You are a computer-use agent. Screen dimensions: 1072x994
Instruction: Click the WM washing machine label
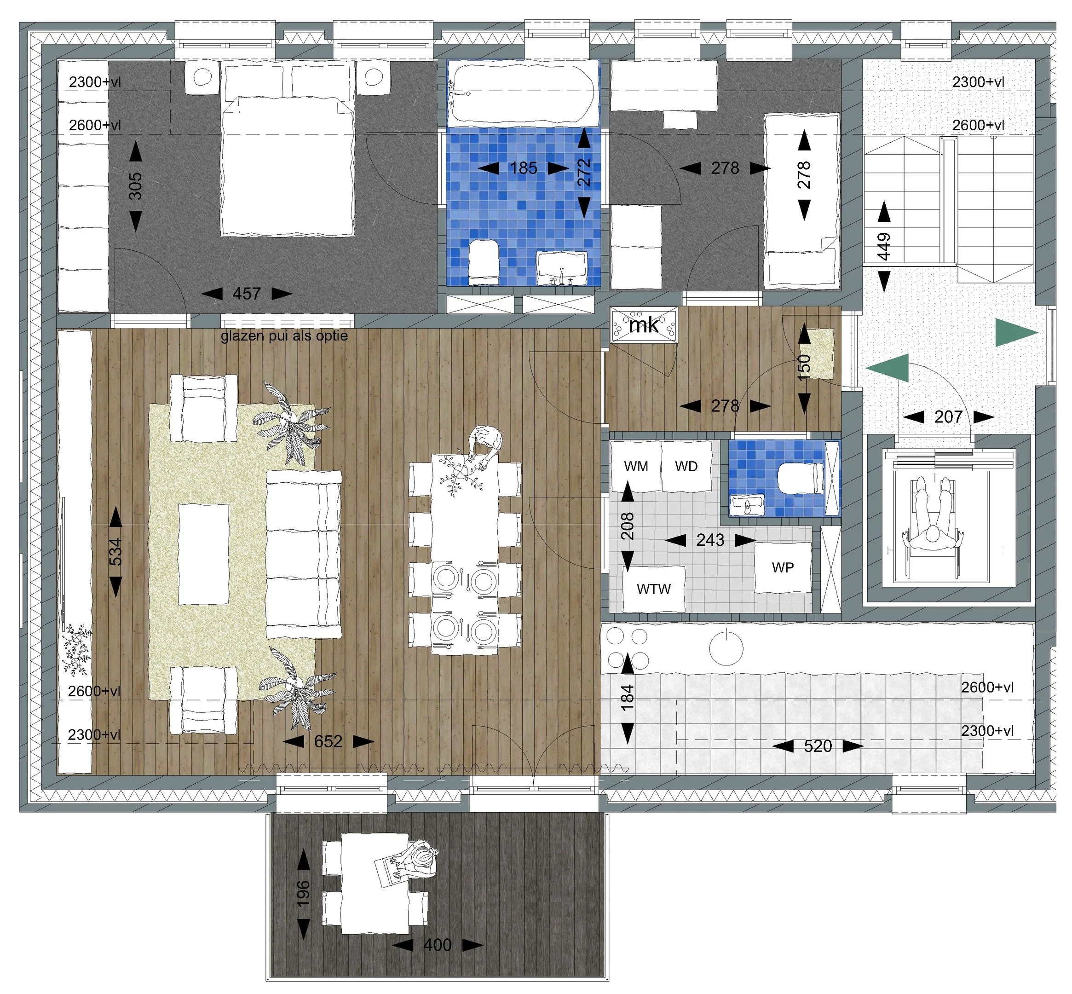click(x=636, y=466)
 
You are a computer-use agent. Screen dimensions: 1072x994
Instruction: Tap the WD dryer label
click(x=686, y=466)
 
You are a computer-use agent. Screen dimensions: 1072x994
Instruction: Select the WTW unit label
click(x=653, y=589)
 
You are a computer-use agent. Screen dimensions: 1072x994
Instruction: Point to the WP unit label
click(x=782, y=567)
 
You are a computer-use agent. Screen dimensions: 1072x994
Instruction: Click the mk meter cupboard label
click(x=644, y=324)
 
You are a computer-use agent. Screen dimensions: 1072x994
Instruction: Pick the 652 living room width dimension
click(x=328, y=742)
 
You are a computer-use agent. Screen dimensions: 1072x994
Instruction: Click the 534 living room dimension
click(x=115, y=552)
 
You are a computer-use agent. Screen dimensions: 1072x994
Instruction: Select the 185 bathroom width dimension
click(x=524, y=168)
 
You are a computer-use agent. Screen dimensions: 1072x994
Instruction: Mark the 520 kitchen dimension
click(x=818, y=746)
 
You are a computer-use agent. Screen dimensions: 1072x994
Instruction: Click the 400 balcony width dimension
click(x=437, y=944)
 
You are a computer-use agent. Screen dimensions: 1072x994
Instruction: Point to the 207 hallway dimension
click(x=948, y=416)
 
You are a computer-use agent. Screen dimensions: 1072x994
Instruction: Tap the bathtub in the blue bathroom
click(x=523, y=93)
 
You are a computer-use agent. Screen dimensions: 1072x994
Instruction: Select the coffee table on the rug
click(x=203, y=554)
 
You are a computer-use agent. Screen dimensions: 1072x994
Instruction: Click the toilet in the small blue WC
click(x=801, y=478)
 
